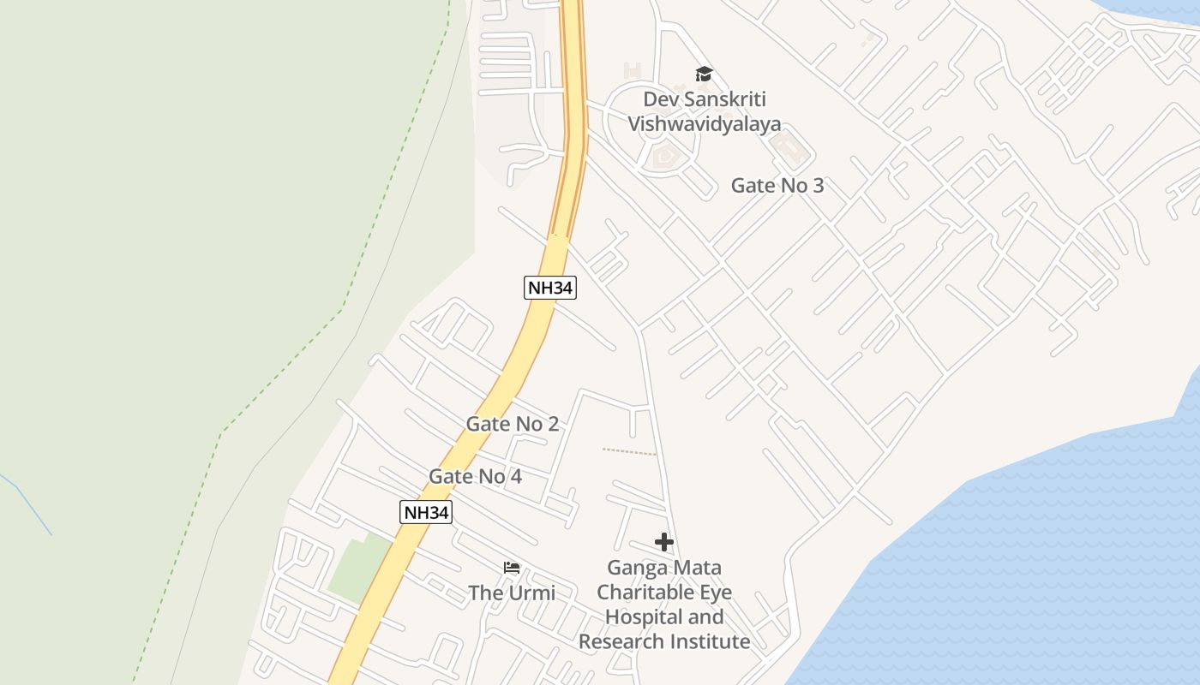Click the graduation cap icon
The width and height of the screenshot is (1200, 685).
704,74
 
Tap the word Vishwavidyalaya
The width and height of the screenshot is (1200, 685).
705,124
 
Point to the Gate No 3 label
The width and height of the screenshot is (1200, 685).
777,185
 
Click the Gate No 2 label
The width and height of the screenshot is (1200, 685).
513,424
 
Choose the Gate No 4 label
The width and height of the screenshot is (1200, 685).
476,476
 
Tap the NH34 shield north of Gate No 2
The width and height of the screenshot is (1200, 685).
549,288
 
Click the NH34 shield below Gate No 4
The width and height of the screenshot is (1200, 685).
426,513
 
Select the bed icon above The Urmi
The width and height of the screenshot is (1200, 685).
512,568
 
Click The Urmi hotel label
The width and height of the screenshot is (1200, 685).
512,593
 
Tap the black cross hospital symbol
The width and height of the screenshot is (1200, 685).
664,542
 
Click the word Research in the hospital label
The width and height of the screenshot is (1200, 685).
620,641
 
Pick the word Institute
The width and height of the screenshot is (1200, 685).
708,641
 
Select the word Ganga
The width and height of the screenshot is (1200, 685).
634,568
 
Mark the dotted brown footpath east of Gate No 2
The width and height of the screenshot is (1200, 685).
629,451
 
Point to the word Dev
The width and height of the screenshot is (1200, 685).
660,99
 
